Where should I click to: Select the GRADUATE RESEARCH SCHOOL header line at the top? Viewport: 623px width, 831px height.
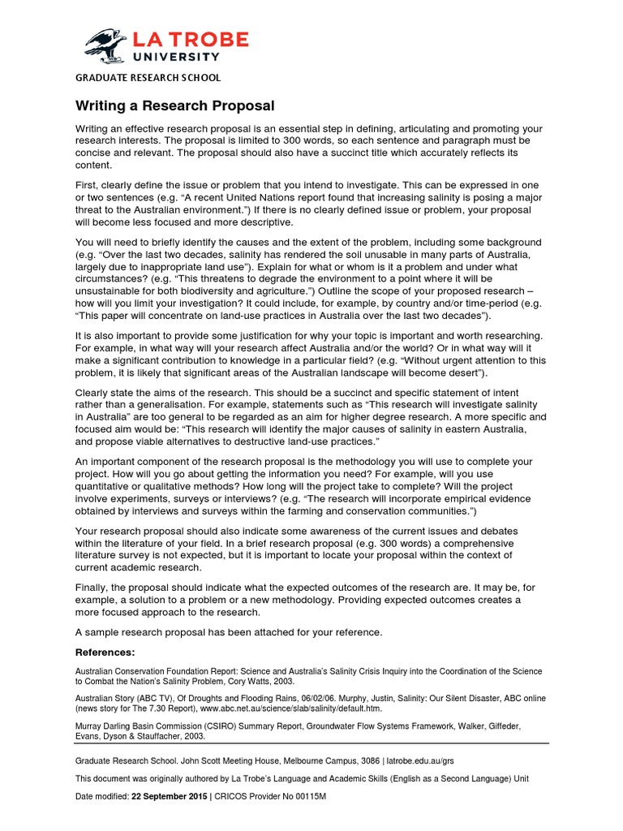(x=148, y=78)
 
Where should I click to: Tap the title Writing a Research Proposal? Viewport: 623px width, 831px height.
(x=175, y=105)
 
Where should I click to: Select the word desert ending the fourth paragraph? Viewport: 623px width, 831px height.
(x=462, y=372)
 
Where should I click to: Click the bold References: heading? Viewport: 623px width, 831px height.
(x=105, y=652)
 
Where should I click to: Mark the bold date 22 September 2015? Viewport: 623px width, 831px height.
(x=170, y=797)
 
